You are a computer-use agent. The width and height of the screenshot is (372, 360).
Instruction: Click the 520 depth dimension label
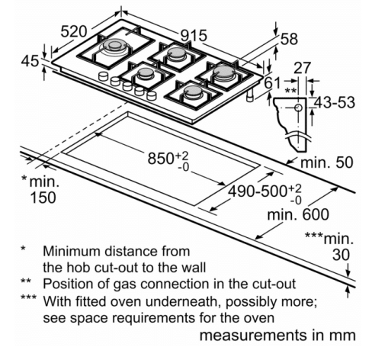(74, 32)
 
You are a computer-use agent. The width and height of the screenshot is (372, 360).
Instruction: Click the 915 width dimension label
(194, 35)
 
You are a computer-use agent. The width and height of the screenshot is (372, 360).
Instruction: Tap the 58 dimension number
(289, 39)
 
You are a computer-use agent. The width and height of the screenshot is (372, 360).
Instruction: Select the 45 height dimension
(30, 61)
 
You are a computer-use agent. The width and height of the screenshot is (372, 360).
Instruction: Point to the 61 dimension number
(272, 83)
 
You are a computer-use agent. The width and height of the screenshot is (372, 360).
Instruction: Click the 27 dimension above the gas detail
(303, 68)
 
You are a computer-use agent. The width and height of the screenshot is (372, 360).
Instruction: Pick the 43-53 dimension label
(334, 102)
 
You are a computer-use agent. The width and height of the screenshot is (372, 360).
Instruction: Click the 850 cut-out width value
(161, 158)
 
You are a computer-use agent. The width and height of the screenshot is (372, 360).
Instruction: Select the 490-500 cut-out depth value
(258, 191)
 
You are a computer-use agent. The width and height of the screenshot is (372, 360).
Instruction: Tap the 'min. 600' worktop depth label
(298, 214)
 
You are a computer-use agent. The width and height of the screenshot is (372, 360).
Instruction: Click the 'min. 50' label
(327, 162)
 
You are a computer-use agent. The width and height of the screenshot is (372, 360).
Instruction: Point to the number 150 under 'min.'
(43, 198)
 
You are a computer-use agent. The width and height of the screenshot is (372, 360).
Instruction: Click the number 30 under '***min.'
(341, 255)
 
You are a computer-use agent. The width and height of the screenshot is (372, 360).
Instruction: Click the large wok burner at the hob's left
(116, 46)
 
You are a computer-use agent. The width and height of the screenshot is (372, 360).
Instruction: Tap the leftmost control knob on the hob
(103, 76)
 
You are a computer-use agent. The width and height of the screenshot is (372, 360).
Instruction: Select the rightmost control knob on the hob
(152, 95)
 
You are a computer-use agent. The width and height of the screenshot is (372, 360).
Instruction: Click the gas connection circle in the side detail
(299, 108)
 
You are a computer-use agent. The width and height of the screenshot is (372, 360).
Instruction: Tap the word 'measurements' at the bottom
(254, 336)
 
